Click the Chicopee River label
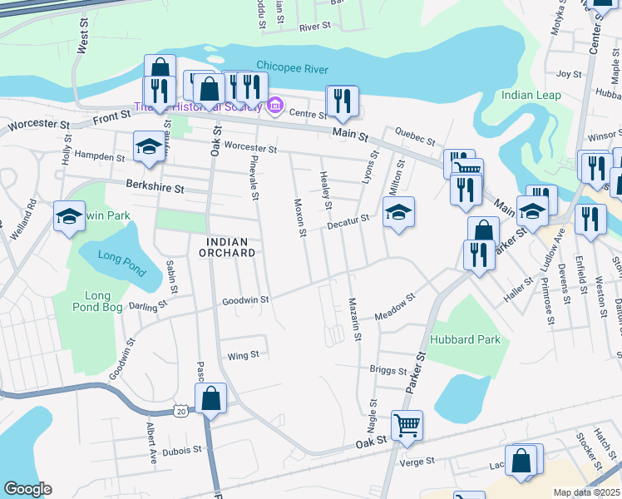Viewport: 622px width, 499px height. (x=292, y=68)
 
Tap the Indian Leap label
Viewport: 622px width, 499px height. (x=531, y=95)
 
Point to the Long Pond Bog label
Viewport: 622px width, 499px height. (x=97, y=303)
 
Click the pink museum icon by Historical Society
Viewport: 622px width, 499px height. (x=275, y=106)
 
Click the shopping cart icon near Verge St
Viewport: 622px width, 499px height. (x=407, y=425)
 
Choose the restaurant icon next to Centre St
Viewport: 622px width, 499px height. (x=343, y=101)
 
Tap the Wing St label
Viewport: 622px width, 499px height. (x=244, y=355)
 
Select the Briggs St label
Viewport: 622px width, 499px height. (x=388, y=370)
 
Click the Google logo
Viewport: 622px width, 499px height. (x=28, y=488)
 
